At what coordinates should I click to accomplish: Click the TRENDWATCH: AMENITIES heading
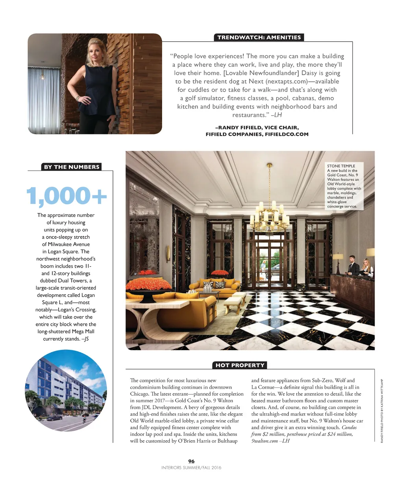[x=259, y=37]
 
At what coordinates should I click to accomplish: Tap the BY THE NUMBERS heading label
[x=71, y=167]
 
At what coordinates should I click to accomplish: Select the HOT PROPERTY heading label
[x=240, y=365]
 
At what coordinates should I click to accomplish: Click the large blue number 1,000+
[x=67, y=196]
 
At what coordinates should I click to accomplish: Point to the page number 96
[x=191, y=461]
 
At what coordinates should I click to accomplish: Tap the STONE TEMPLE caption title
[x=341, y=166]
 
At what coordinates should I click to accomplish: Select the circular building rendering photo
[x=66, y=389]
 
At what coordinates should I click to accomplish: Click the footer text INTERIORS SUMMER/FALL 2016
[x=191, y=468]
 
